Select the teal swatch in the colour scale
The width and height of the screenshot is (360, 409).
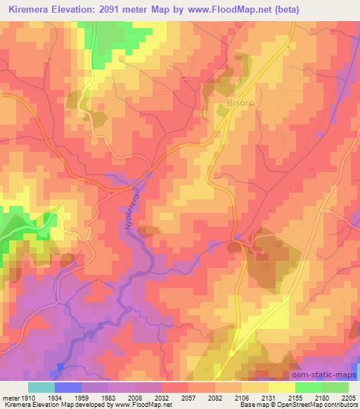(x=41, y=387)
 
